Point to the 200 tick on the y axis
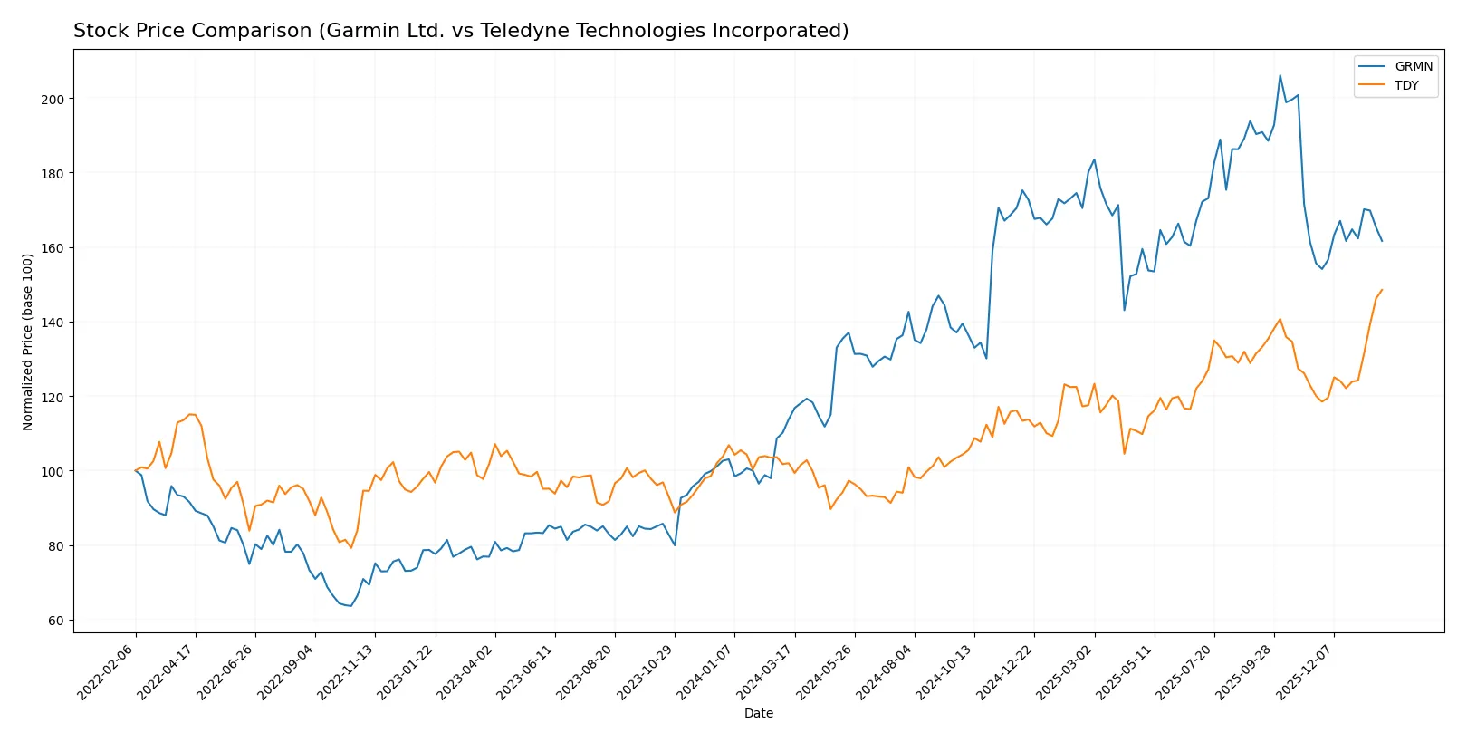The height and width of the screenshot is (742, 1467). (53, 99)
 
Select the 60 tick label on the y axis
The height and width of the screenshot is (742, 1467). (56, 621)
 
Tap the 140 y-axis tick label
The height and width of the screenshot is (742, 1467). (53, 323)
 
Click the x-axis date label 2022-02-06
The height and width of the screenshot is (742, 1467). (107, 672)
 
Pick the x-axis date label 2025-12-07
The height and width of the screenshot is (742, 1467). (1305, 672)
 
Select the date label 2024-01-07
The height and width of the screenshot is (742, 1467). (705, 672)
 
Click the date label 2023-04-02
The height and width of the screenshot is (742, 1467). (466, 672)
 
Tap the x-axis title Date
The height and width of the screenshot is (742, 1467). (758, 713)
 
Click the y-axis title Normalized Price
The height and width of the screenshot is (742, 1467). (28, 342)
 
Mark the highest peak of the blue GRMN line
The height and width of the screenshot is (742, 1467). (1280, 75)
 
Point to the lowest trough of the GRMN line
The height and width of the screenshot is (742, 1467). (350, 606)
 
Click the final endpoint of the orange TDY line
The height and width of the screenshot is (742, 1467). (1382, 290)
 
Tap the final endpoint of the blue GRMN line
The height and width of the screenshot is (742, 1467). (1382, 241)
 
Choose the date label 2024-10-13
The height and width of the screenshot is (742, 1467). (944, 672)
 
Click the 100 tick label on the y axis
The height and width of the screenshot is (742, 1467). (53, 471)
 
